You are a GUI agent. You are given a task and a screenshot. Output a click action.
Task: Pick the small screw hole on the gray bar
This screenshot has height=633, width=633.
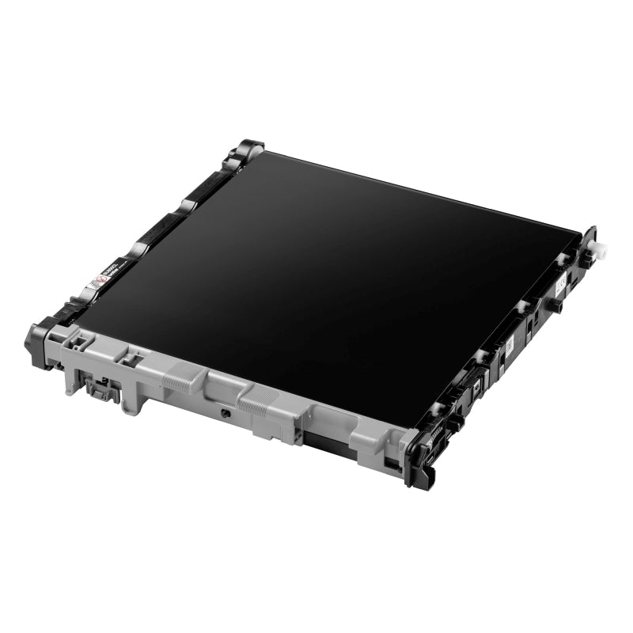coord(226,412)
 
